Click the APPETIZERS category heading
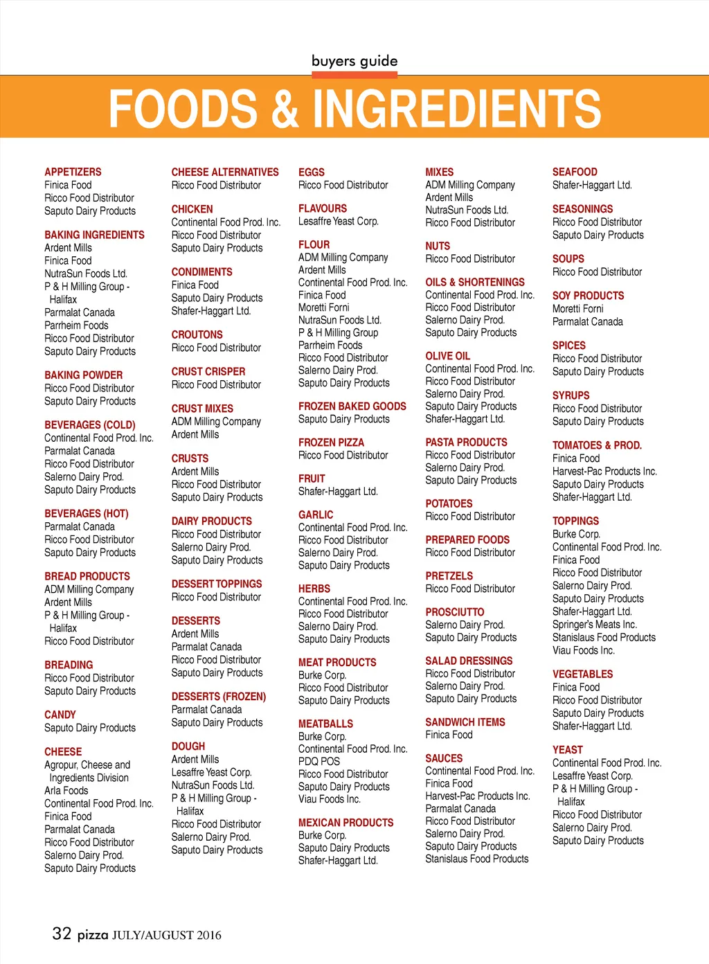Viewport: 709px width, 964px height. (73, 172)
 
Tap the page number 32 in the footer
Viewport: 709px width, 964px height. (62, 934)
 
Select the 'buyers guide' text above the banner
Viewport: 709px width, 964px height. (354, 61)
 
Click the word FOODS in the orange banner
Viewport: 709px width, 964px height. (183, 108)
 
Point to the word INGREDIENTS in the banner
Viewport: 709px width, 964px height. (457, 108)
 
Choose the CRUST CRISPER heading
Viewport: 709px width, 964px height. (208, 371)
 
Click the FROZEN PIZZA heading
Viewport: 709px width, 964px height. (331, 443)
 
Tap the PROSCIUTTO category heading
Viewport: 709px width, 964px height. (455, 612)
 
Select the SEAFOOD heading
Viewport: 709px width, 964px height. (575, 172)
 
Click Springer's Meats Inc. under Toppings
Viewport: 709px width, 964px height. (594, 625)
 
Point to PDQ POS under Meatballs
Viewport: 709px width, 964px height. (319, 761)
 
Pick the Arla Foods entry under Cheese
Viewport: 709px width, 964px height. (66, 790)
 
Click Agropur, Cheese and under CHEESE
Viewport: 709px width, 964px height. (87, 765)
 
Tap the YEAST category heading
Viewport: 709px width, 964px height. (568, 750)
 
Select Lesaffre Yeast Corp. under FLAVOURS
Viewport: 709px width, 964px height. (339, 222)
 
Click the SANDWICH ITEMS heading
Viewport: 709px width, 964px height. (465, 722)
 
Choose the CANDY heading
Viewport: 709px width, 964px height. (60, 715)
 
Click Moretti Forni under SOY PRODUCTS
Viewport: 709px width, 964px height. (578, 309)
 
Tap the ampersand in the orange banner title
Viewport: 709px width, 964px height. (285, 109)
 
